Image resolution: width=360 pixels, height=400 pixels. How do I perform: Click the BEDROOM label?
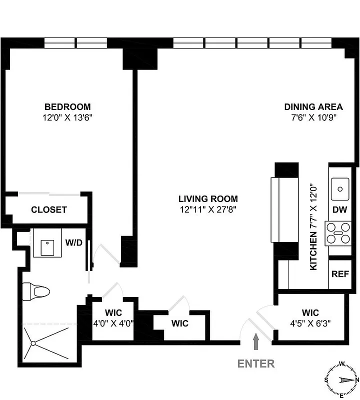click(67, 106)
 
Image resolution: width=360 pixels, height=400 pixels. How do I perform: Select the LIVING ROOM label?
click(208, 198)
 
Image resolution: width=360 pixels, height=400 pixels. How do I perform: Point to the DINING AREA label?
click(313, 106)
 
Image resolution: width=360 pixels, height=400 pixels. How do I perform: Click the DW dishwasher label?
click(340, 210)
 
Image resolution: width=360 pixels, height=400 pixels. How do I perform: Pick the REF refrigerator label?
click(340, 274)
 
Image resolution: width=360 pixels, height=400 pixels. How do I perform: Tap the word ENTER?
click(256, 363)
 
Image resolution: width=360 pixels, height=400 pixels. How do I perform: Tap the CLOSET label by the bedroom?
click(49, 209)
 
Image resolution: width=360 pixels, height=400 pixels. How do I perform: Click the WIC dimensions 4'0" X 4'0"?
click(113, 323)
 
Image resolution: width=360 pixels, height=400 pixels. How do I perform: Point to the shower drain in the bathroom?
click(33, 343)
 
